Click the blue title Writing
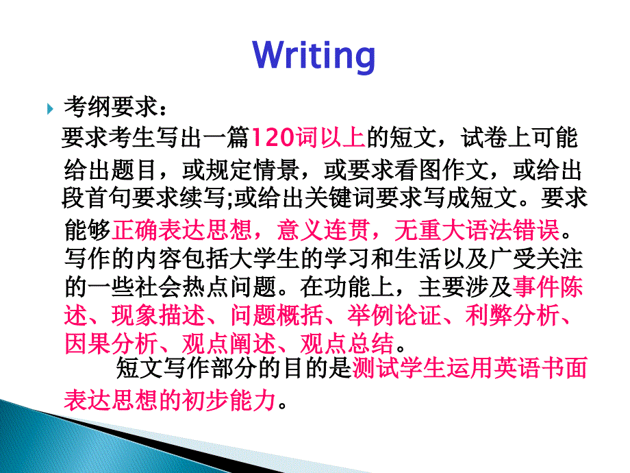point(314,56)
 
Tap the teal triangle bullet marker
point(50,108)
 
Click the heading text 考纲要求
point(110,107)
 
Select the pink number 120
point(273,137)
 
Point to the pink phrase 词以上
point(330,137)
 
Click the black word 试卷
point(484,137)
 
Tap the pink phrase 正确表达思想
point(181,230)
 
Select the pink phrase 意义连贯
point(323,230)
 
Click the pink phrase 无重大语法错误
point(477,230)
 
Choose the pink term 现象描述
point(158,315)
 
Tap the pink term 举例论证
point(394,315)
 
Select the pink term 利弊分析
point(512,315)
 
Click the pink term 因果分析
point(111,343)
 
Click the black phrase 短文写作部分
point(186,368)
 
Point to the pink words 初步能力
point(229,400)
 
